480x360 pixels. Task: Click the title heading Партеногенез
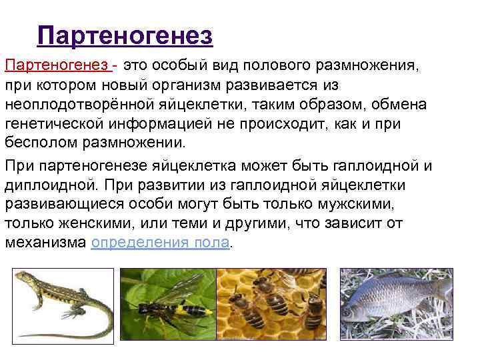click(x=125, y=35)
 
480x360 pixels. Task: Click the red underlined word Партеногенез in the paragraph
click(x=57, y=67)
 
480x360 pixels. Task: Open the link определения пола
click(x=161, y=242)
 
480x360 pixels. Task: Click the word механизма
click(x=45, y=242)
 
